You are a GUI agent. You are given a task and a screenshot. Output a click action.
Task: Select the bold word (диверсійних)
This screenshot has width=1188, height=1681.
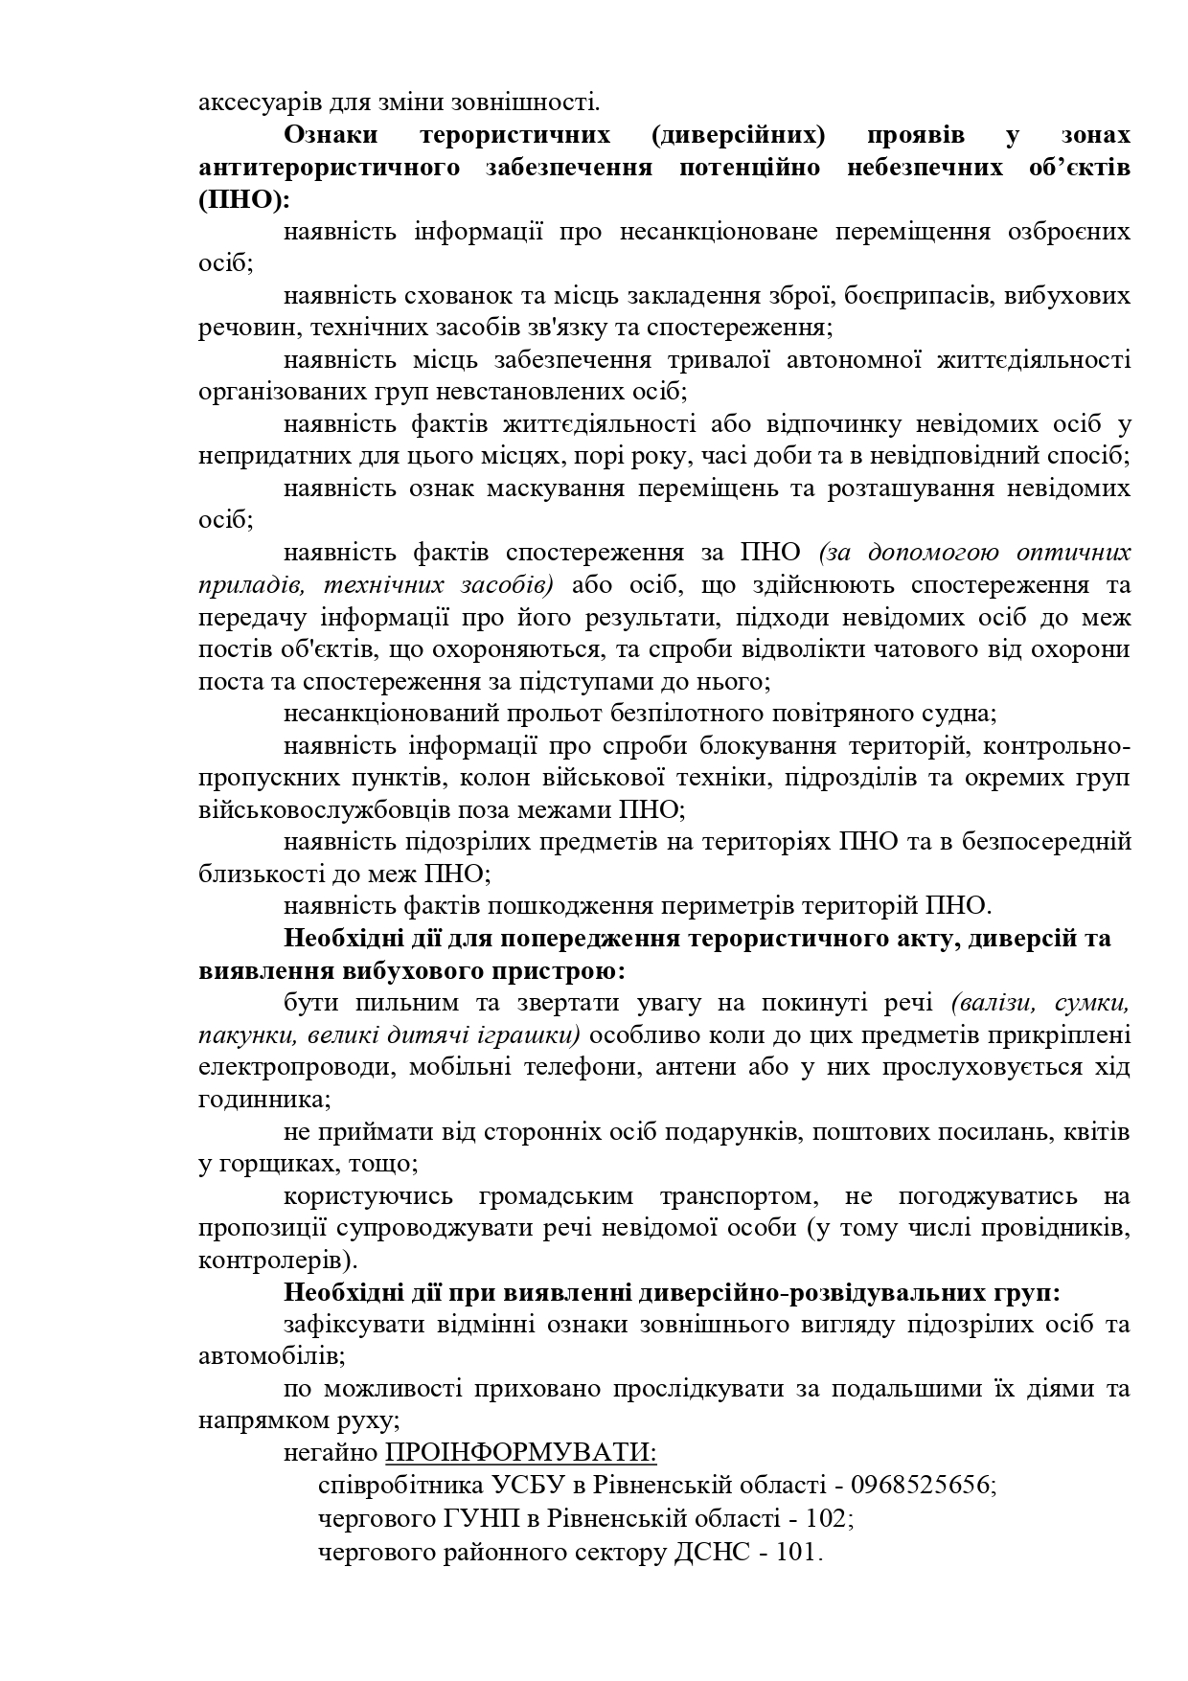coord(738,134)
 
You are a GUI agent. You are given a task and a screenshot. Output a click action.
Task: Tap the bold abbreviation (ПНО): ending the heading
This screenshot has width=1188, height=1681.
coord(243,199)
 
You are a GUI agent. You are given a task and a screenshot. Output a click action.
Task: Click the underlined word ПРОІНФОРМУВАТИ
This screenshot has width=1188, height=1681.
coord(520,1452)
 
